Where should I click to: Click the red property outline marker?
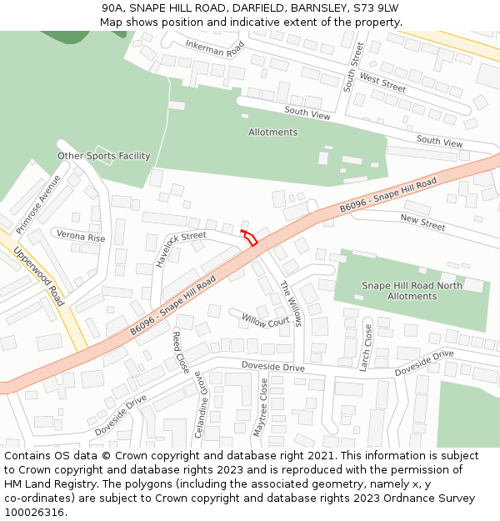249,237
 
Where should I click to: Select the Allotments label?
272,133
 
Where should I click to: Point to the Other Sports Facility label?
104,156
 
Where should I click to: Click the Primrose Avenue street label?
38,203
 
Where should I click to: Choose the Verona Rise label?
81,238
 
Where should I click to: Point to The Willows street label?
288,303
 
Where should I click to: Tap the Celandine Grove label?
200,404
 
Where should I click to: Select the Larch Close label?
367,347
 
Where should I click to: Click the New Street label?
422,223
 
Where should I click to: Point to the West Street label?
382,83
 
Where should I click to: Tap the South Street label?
353,67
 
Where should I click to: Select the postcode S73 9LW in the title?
376,8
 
